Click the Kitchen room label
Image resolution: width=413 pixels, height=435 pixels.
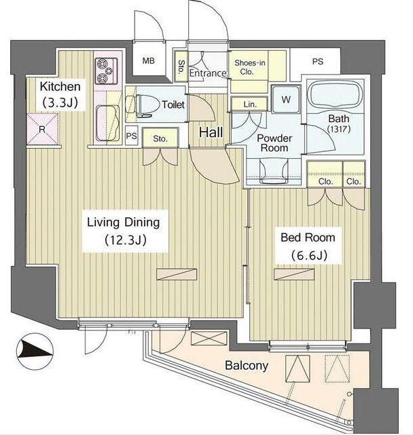(60, 94)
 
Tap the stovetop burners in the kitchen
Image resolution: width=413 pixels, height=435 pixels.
(107, 71)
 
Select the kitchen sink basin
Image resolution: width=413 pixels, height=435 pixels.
(108, 123)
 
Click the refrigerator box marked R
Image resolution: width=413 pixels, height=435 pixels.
(42, 129)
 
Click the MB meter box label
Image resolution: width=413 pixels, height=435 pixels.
(149, 60)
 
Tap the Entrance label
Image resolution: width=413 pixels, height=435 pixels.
(208, 73)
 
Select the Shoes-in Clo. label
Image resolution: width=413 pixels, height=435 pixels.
(249, 67)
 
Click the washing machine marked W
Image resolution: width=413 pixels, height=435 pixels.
(286, 99)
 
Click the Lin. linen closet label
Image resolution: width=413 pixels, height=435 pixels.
(250, 105)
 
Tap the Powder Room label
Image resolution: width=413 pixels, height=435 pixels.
(274, 143)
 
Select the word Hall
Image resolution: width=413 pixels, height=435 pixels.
(211, 132)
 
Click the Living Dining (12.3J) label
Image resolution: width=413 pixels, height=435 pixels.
(124, 231)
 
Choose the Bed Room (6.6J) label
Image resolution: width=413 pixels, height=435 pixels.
(308, 246)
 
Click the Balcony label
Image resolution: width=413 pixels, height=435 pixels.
(247, 365)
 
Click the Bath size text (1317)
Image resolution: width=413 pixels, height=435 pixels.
(338, 129)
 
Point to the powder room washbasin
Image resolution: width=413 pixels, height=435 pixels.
(274, 172)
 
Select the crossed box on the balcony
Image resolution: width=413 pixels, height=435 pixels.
(209, 339)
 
